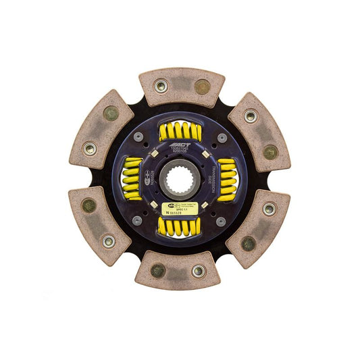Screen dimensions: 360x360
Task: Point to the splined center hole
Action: tap(180, 180)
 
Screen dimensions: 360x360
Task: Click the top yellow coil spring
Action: tap(180, 130)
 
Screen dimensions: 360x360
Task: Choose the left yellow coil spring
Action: tap(131, 179)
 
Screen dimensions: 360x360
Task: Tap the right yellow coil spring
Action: tap(228, 179)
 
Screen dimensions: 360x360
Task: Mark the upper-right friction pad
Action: tap(259, 131)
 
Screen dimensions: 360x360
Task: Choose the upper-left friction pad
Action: tap(101, 131)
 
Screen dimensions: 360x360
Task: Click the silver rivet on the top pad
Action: tap(160, 86)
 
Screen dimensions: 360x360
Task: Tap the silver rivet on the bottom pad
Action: tap(198, 271)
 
